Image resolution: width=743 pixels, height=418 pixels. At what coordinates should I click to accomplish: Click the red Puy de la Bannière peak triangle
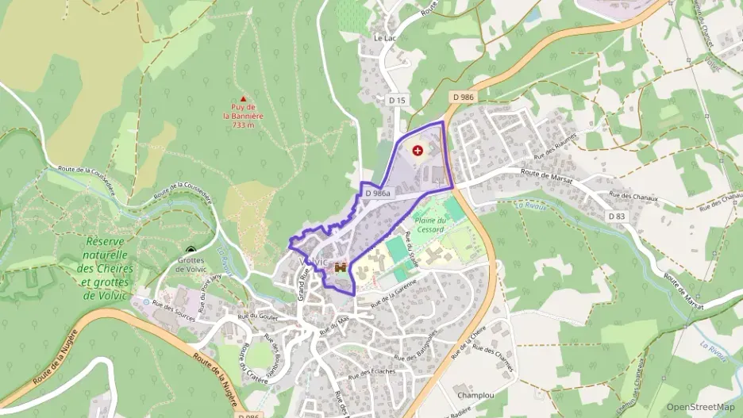pos(243,99)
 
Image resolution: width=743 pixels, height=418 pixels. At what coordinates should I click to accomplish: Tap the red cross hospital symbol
pos(418,150)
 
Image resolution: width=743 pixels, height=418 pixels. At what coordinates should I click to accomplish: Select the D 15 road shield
pos(398,100)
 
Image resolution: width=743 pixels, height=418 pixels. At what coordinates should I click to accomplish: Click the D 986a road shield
pos(378,193)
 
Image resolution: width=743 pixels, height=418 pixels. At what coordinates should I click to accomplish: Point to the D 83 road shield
pos(617,217)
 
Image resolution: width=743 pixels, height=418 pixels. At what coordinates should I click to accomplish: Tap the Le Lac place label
pos(384,37)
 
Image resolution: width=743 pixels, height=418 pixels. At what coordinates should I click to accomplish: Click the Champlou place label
pos(475,393)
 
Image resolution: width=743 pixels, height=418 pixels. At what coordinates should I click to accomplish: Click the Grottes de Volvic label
pos(191,264)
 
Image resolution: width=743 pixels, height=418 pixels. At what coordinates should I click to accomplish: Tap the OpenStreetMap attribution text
pos(700,407)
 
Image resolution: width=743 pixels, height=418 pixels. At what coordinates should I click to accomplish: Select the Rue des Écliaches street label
pos(372,372)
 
